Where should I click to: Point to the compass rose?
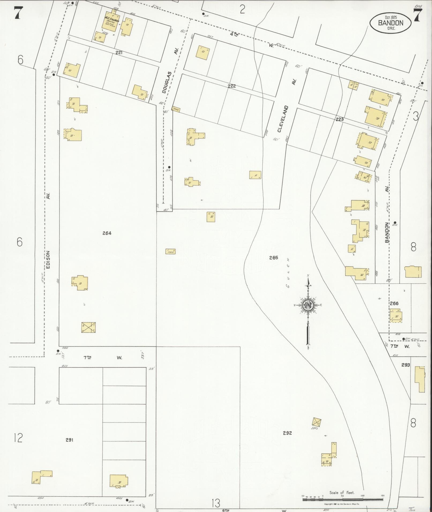coord(308,305)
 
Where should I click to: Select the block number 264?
coord(107,233)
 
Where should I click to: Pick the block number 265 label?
coord(273,258)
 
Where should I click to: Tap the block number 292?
coord(287,433)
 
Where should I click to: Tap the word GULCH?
coord(288,273)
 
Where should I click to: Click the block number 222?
coord(232,86)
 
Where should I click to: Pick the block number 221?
coord(119,53)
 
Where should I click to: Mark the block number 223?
coord(339,119)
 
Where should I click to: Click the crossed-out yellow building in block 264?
coord(88,327)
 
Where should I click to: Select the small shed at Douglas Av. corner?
coord(176,109)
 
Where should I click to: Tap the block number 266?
coord(394,304)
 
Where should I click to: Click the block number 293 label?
coord(405,365)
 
